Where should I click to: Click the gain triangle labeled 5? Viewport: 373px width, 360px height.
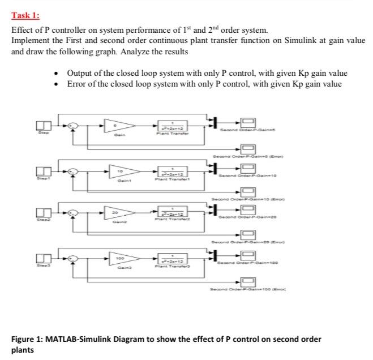(117, 124)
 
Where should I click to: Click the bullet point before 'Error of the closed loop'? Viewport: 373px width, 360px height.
(56, 84)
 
